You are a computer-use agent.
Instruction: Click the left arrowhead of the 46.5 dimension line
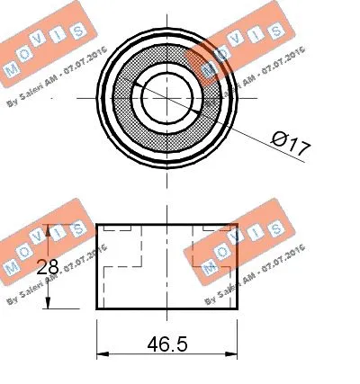(101, 353)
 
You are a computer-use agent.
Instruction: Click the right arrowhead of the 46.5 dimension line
(233, 353)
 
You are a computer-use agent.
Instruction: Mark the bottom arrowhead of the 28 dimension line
(49, 306)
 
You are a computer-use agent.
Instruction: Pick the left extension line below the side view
(96, 337)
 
